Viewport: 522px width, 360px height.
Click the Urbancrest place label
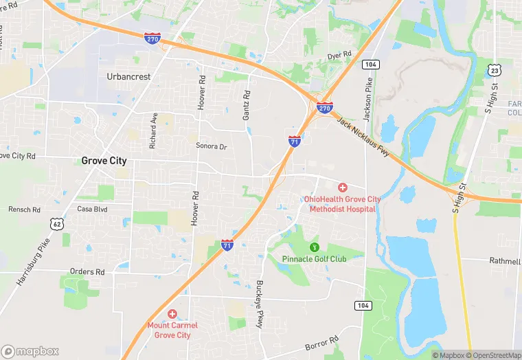[128, 77]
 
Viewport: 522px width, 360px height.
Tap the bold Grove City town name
[104, 161]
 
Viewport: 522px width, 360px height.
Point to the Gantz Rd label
[247, 104]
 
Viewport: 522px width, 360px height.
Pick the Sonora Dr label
[211, 146]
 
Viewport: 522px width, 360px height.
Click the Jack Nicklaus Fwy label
[363, 137]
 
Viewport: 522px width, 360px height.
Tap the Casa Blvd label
[92, 209]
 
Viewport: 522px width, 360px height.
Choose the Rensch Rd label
[24, 209]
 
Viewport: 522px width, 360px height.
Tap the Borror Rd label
[323, 342]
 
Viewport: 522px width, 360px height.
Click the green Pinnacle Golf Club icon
[315, 247]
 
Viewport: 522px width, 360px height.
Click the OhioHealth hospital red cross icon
[343, 188]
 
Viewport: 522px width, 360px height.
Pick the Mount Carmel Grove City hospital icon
[172, 313]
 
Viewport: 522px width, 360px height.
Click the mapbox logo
[30, 351]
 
